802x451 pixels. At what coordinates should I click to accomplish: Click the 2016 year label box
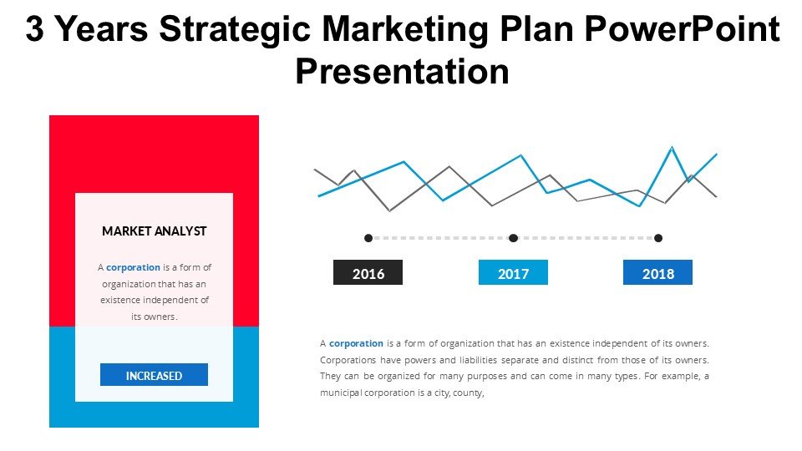[x=368, y=272]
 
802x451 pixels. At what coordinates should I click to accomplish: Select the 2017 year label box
[x=513, y=272]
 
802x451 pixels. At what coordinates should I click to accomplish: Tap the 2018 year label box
[x=657, y=272]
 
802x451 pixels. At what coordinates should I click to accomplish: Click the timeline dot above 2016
[x=368, y=238]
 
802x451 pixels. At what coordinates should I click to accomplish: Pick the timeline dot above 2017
[x=513, y=238]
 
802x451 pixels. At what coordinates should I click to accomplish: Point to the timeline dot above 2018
[x=658, y=238]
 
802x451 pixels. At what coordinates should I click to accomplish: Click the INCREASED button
[x=154, y=375]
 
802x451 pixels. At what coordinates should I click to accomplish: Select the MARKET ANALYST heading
[x=154, y=231]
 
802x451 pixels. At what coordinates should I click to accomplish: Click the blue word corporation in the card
[x=133, y=267]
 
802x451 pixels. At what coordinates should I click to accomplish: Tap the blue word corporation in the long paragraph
[x=356, y=343]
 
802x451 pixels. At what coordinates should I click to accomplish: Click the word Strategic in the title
[x=235, y=30]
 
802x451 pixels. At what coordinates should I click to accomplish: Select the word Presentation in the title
[x=402, y=71]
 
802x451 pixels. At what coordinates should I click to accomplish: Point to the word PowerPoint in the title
[x=683, y=28]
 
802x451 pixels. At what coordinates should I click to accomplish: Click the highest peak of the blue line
[x=672, y=147]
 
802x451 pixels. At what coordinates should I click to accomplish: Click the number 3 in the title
[x=34, y=28]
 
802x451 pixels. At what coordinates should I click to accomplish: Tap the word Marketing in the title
[x=405, y=30]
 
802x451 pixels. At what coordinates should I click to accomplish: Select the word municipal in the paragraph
[x=341, y=393]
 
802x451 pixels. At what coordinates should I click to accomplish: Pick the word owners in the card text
[x=160, y=317]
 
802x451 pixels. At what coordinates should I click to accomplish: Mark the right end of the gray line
[x=717, y=196]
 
